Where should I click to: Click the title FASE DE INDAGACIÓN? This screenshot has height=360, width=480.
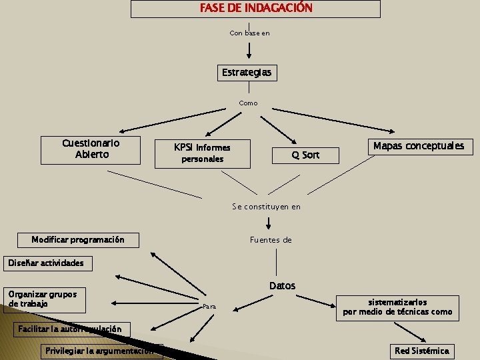(255, 9)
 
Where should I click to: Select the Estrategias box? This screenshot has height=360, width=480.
(247, 72)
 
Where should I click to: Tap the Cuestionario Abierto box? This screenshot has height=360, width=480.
(91, 149)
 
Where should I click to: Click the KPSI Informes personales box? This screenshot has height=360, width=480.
(202, 153)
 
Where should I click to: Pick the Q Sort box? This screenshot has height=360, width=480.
(305, 155)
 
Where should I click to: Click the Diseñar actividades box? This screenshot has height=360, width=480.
(46, 263)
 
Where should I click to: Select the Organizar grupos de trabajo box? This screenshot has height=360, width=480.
(43, 299)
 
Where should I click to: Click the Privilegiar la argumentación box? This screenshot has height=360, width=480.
(100, 351)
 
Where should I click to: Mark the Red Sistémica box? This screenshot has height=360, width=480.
(422, 351)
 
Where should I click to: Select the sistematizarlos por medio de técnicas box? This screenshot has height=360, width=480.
(397, 307)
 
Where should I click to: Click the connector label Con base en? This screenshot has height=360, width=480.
(249, 33)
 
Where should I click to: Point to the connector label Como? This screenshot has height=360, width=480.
(248, 103)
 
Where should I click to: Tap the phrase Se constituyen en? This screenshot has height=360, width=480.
(266, 207)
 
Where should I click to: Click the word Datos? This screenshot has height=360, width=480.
(282, 286)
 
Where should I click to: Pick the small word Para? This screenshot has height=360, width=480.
(209, 307)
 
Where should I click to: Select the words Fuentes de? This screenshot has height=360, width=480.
(271, 240)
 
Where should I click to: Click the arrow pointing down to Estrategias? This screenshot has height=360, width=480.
(249, 50)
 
